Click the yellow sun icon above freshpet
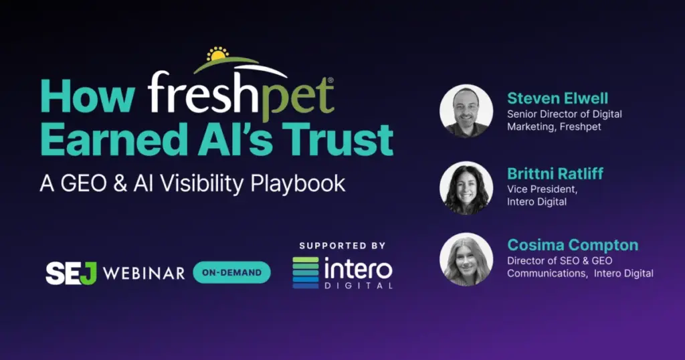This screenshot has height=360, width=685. [217, 54]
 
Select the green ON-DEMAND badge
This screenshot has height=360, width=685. [231, 272]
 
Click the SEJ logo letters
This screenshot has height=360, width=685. [71, 274]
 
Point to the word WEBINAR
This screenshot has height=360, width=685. [144, 274]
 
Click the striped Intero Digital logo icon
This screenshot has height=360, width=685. [305, 272]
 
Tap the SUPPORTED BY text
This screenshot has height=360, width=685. [342, 246]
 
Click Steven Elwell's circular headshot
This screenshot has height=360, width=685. [466, 111]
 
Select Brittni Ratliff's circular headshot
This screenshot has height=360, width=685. [466, 188]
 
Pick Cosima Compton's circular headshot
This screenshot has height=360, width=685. [466, 260]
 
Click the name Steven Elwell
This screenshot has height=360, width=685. [557, 98]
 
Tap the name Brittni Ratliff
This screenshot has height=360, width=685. [555, 173]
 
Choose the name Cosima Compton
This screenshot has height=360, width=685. [573, 245]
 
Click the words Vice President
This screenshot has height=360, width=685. [542, 189]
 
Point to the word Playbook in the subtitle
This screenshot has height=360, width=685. [298, 184]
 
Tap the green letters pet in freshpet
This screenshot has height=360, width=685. [298, 98]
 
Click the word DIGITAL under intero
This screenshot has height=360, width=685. [359, 286]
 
